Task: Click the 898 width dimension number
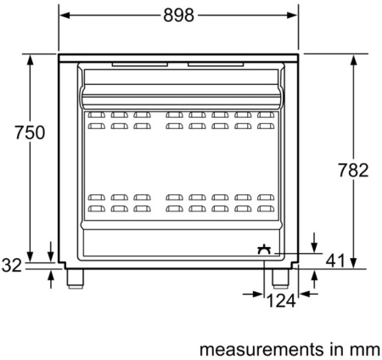pyautogui.click(x=179, y=15)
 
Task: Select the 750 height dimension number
pyautogui.click(x=30, y=132)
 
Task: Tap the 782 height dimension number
pyautogui.click(x=354, y=170)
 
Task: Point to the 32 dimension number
pyautogui.click(x=12, y=266)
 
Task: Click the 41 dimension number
pyautogui.click(x=335, y=261)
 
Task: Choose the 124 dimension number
pyautogui.click(x=281, y=301)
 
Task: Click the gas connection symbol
pyautogui.click(x=264, y=250)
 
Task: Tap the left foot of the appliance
pyautogui.click(x=76, y=278)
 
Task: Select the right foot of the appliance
pyautogui.click(x=280, y=278)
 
